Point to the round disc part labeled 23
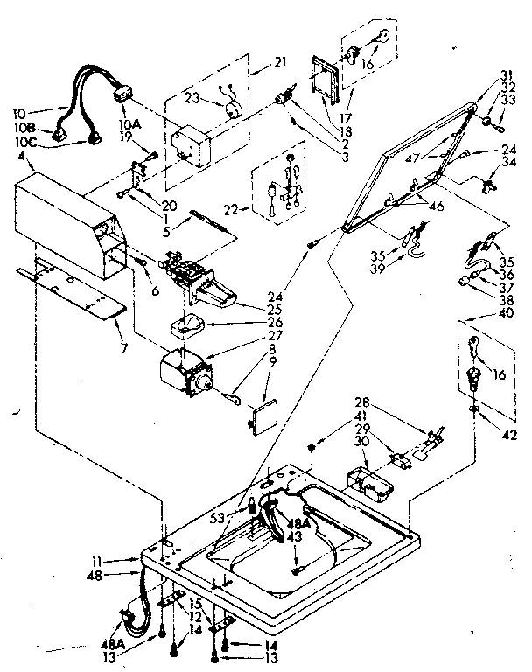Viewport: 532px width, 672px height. [x=233, y=110]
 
